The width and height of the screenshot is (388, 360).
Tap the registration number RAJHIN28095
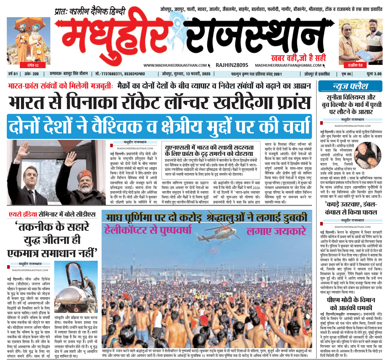click(x=232, y=65)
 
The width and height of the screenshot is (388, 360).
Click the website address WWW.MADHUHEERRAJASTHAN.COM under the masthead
click(x=175, y=65)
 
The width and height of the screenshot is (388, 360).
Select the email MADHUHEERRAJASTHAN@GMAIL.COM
click(x=288, y=65)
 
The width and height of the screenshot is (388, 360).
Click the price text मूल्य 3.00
click(x=374, y=74)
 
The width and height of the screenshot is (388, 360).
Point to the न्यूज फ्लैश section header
click(x=350, y=86)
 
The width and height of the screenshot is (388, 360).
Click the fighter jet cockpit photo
click(x=76, y=287)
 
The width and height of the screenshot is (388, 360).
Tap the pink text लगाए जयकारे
click(x=276, y=231)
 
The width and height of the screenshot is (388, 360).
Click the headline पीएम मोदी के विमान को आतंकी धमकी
click(x=351, y=304)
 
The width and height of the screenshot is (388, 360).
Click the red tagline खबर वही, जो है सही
click(x=298, y=58)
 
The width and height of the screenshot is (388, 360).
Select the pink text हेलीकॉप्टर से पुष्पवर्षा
click(x=148, y=230)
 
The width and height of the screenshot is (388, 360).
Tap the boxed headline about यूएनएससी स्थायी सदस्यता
click(x=209, y=151)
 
